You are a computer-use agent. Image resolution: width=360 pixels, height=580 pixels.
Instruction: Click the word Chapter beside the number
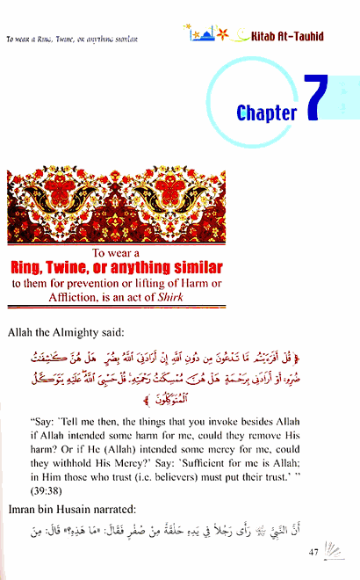click(267, 112)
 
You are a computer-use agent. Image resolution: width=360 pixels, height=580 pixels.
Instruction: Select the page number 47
click(316, 552)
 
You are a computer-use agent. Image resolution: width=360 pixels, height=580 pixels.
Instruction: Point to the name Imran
click(26, 511)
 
